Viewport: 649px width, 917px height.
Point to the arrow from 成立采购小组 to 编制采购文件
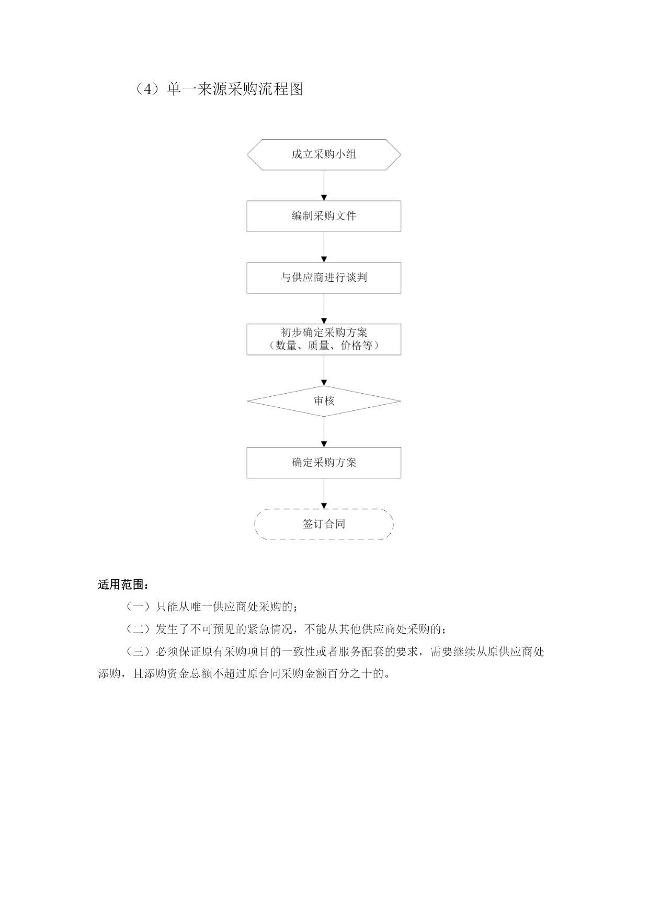(x=324, y=186)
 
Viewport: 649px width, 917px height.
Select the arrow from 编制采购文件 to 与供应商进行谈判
(x=324, y=247)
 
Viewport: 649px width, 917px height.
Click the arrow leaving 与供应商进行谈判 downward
(x=324, y=309)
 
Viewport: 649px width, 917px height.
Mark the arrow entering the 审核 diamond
(x=324, y=371)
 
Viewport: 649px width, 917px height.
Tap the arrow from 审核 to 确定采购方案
(x=324, y=432)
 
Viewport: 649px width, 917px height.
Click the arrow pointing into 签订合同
(x=324, y=494)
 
